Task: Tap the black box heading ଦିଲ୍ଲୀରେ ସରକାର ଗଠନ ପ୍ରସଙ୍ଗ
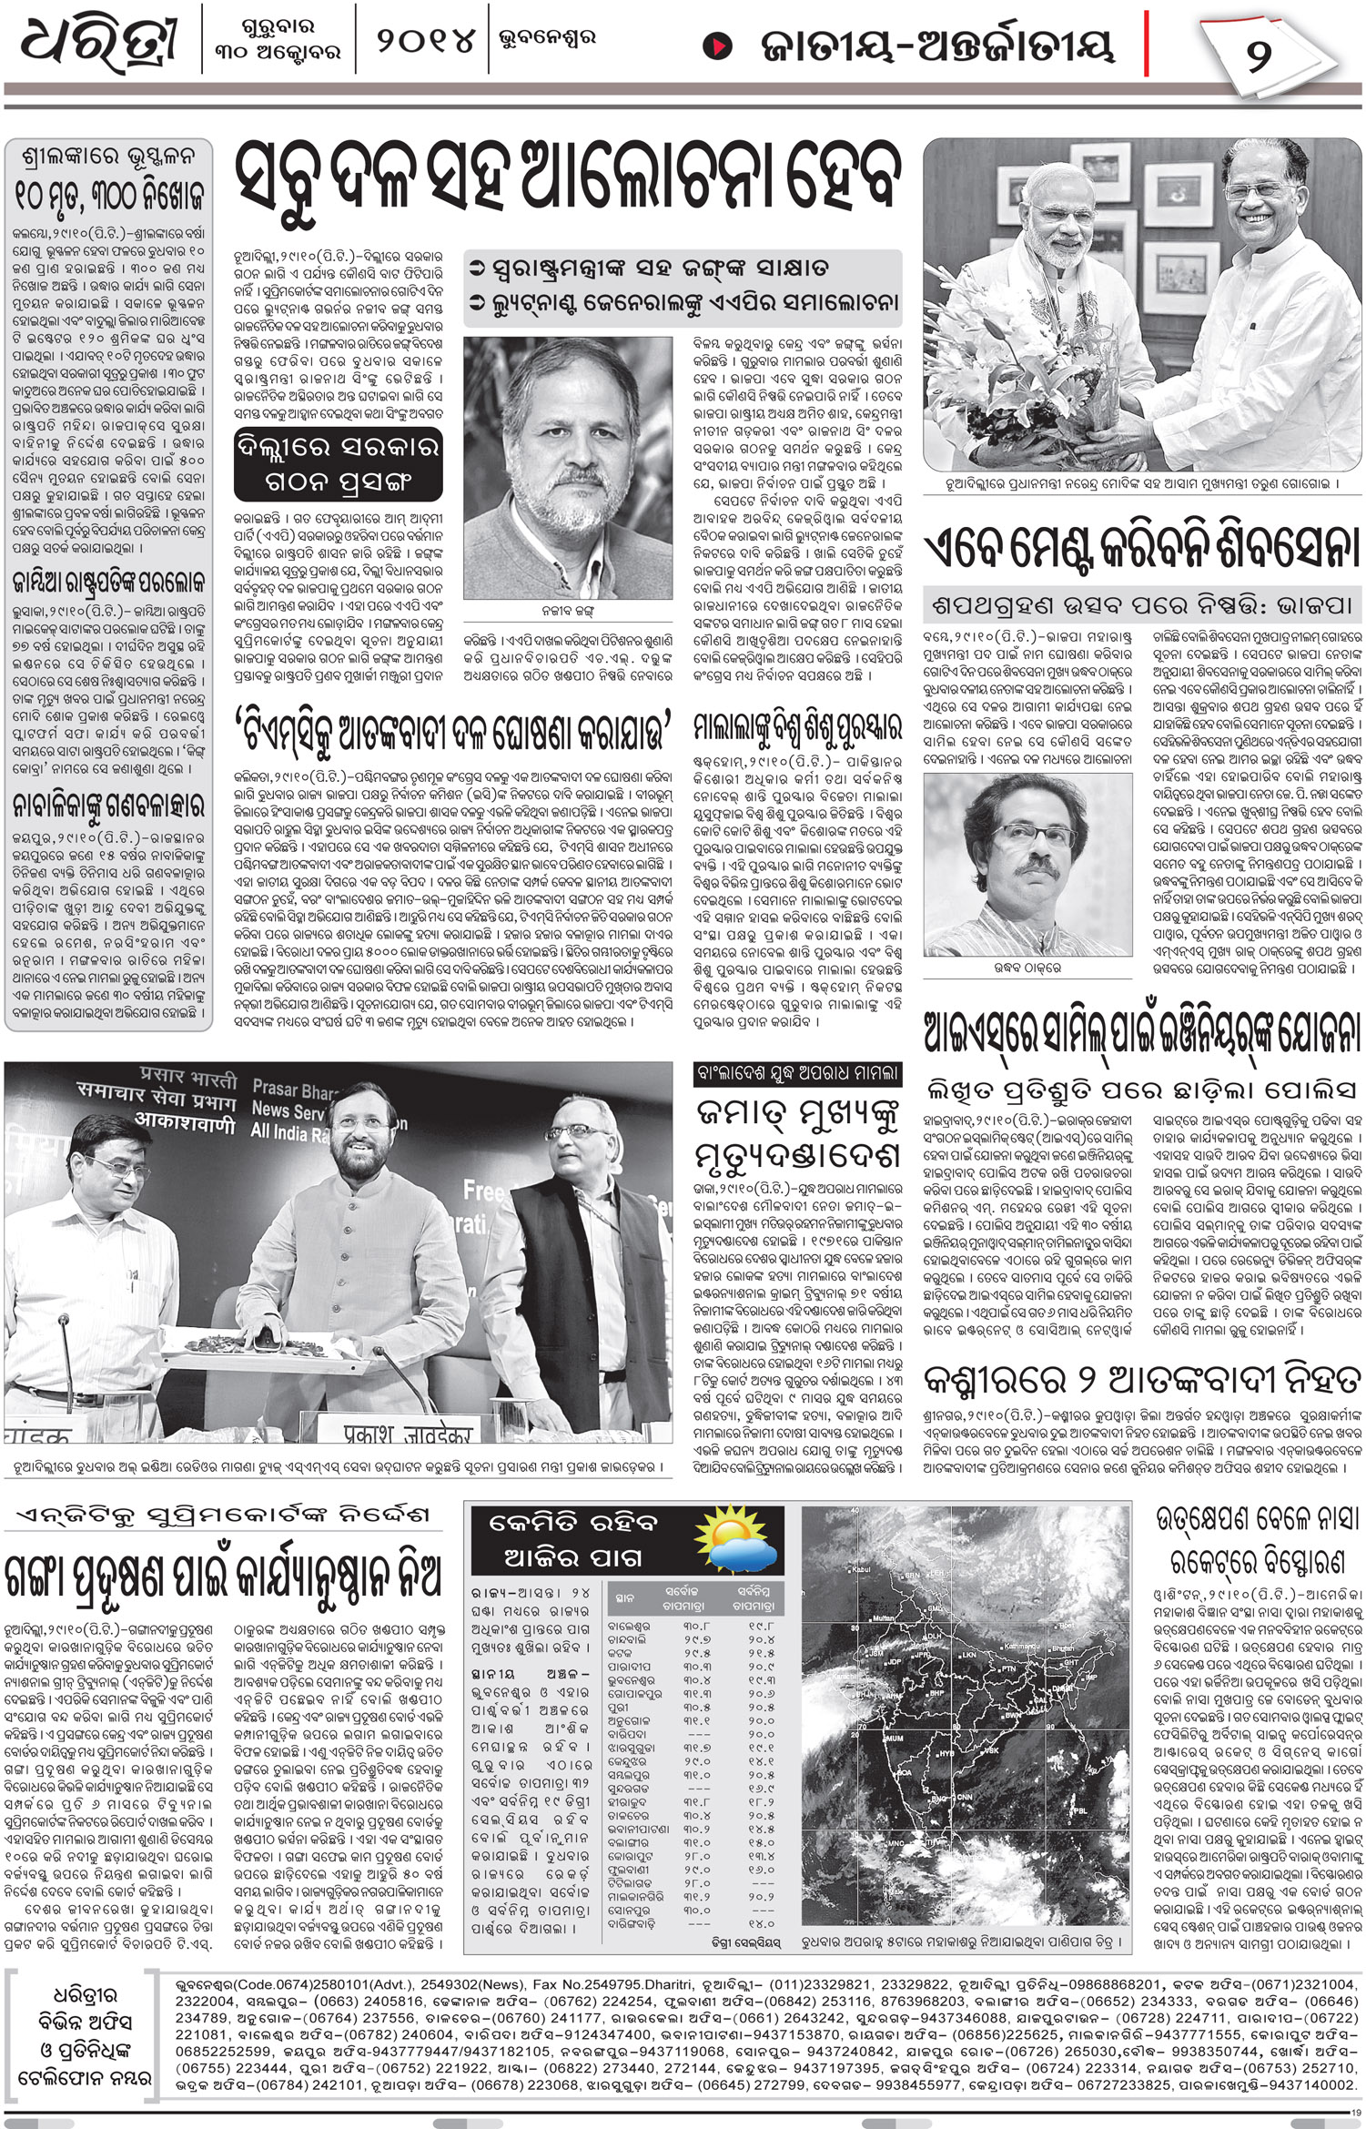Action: point(337,463)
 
